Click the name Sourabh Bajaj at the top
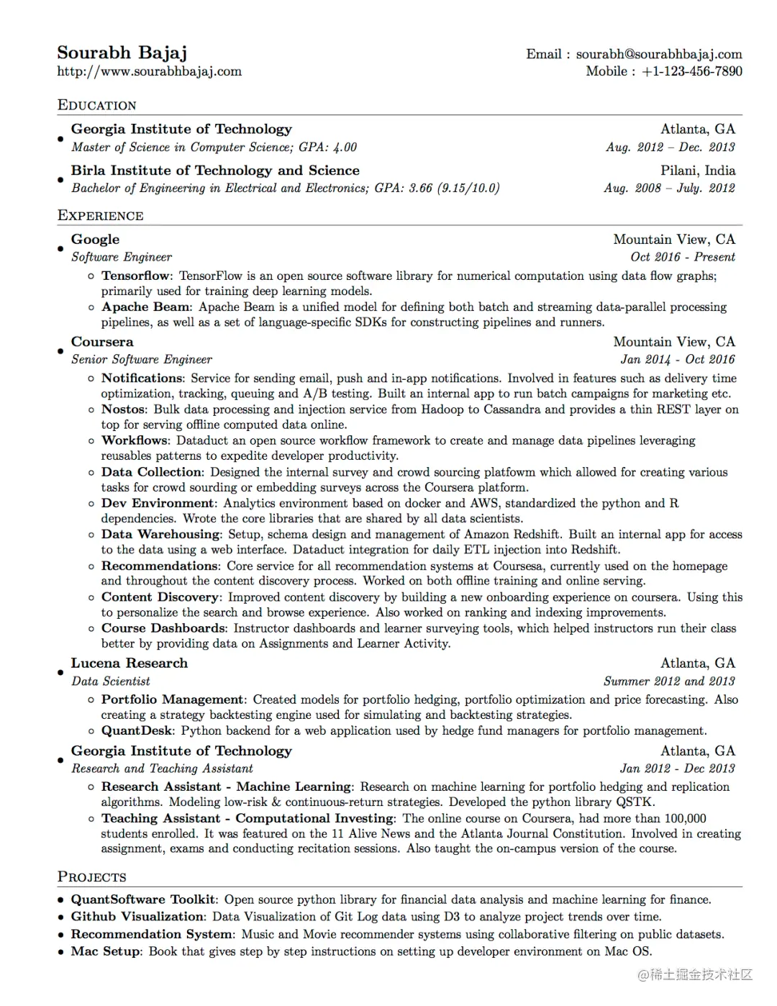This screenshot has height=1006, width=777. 122,53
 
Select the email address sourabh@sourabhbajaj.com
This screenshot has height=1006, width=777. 658,54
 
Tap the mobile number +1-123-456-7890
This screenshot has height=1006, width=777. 691,71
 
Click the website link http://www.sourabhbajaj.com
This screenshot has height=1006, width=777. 149,71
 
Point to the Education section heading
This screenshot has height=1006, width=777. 96,105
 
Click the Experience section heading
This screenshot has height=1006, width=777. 100,215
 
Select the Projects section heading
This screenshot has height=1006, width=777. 91,876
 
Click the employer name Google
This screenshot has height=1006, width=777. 95,239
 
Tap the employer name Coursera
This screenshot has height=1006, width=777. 101,342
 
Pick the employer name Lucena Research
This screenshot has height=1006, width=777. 129,663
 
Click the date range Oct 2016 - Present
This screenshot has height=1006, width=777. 682,257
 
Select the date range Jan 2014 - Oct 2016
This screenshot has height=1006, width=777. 677,359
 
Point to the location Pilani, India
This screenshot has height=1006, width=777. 697,171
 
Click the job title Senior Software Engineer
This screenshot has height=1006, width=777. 141,359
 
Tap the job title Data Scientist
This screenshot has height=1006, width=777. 110,681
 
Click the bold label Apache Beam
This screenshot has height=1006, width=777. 145,307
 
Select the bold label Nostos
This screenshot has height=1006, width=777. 123,409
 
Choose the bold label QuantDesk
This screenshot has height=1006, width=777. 137,730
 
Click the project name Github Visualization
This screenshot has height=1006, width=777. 137,916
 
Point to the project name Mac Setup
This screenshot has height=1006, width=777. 106,951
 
